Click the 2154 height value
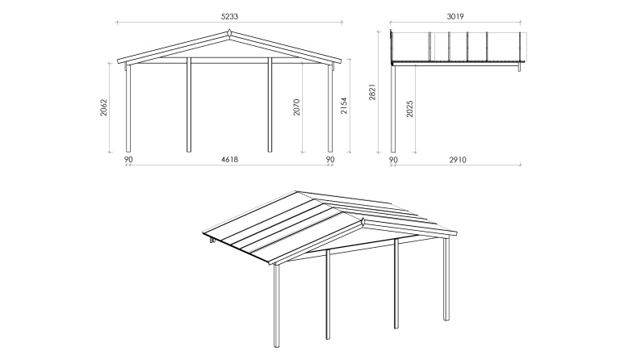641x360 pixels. [343, 106]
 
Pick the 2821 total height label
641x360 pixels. [372, 94]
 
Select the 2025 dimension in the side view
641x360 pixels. [410, 109]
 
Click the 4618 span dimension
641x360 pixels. [229, 160]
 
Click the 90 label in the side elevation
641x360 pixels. [393, 160]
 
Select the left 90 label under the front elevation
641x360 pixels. [128, 160]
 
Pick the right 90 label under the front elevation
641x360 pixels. [330, 160]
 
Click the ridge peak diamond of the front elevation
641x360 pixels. [229, 33]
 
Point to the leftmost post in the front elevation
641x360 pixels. [128, 109]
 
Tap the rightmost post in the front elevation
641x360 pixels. [330, 109]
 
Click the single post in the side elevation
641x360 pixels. [393, 109]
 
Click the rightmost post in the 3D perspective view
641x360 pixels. [445, 278]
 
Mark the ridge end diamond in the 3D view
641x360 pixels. [363, 221]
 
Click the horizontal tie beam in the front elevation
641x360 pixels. [229, 60]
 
